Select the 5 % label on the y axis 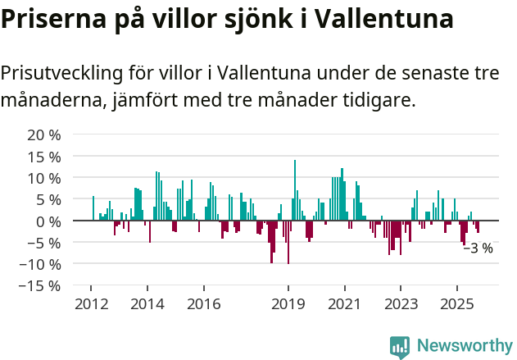point(48,199)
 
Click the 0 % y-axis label point(48,221)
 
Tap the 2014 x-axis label point(147,304)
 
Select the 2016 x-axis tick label point(203,304)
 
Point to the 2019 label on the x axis point(288,304)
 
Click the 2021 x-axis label point(344,304)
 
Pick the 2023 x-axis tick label point(401,304)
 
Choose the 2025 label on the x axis point(456,304)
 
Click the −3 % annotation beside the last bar point(478,248)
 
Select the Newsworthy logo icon point(400,347)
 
